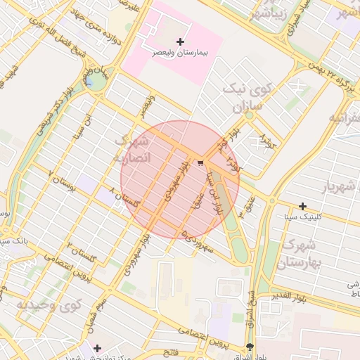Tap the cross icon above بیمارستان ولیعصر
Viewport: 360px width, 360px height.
[180, 42]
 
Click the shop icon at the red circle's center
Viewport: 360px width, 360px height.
[202, 163]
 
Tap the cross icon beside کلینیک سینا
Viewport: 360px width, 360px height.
[302, 206]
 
